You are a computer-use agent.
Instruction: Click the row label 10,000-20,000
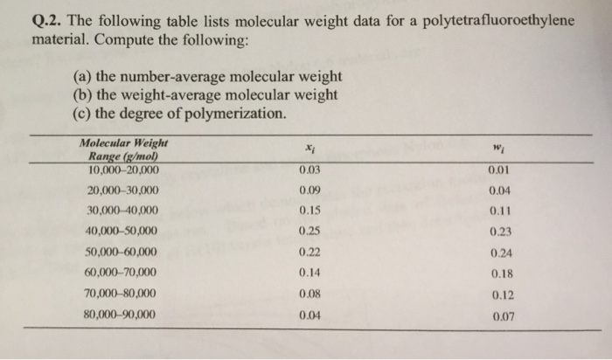click(122, 168)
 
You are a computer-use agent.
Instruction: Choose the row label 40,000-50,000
click(122, 231)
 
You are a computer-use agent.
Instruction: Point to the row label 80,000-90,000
click(122, 315)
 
